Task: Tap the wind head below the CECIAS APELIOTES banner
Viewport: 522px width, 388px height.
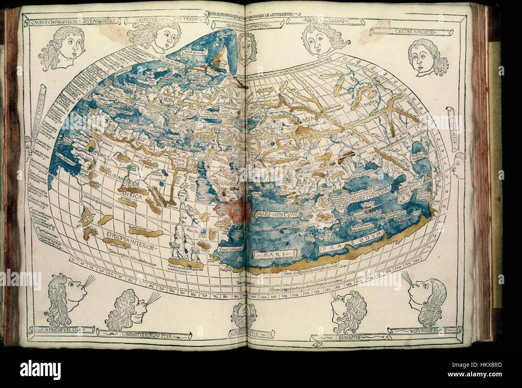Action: click(425, 59)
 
